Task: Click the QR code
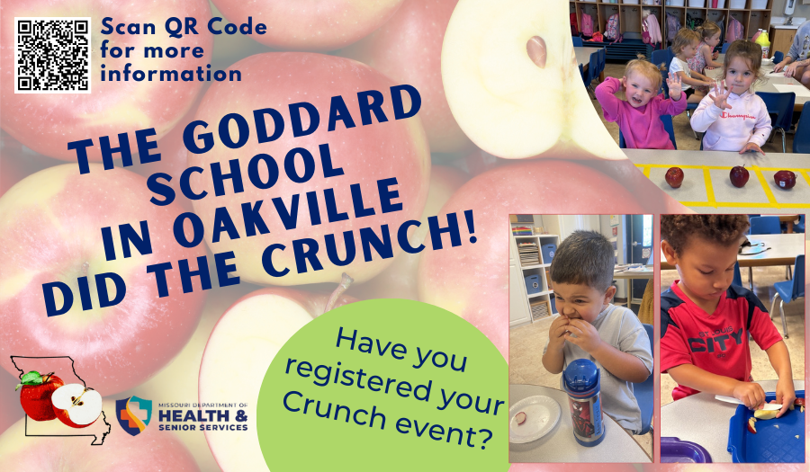pyautogui.click(x=53, y=55)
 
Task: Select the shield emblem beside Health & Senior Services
pyautogui.click(x=134, y=415)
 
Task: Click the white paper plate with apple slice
pyautogui.click(x=534, y=419)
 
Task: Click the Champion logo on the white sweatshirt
pyautogui.click(x=738, y=116)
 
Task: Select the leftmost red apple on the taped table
pyautogui.click(x=674, y=177)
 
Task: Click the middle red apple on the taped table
pyautogui.click(x=739, y=176)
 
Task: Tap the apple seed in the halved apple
pyautogui.click(x=536, y=51)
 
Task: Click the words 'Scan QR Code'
pyautogui.click(x=184, y=27)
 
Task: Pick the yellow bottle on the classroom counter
pyautogui.click(x=762, y=43)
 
